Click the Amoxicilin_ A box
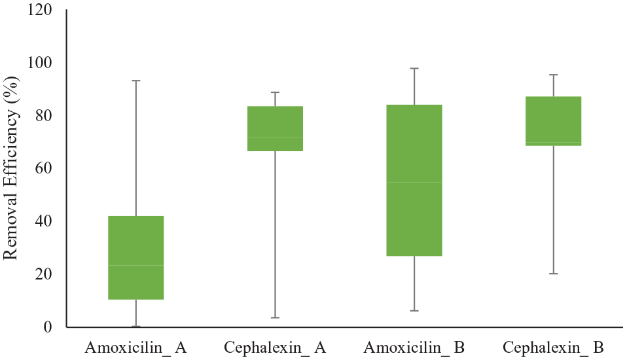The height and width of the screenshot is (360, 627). pyautogui.click(x=135, y=257)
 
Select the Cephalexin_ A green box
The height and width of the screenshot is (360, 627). pyautogui.click(x=275, y=128)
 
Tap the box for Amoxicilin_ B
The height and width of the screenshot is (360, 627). pyautogui.click(x=414, y=180)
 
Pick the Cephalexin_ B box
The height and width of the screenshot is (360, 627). pyautogui.click(x=554, y=120)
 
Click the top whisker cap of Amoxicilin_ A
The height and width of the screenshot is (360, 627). pyautogui.click(x=135, y=81)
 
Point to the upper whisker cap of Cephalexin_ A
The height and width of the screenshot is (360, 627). pyautogui.click(x=275, y=92)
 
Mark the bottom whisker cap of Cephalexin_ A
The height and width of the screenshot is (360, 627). pyautogui.click(x=275, y=317)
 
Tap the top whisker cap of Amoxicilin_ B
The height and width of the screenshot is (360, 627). pyautogui.click(x=414, y=68)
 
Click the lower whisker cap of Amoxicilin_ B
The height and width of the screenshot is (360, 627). pyautogui.click(x=414, y=310)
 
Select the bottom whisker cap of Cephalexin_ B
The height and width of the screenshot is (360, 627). pyautogui.click(x=554, y=274)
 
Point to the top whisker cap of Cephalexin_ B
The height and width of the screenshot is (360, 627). pyautogui.click(x=554, y=75)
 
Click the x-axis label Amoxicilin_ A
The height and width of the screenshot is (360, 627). pyautogui.click(x=135, y=347)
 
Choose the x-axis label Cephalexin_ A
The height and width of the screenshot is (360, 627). pyautogui.click(x=275, y=347)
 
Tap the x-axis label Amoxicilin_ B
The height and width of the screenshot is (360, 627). pyautogui.click(x=414, y=347)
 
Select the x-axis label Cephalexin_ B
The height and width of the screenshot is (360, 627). pyautogui.click(x=554, y=347)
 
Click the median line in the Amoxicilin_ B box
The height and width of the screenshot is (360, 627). pyautogui.click(x=414, y=182)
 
